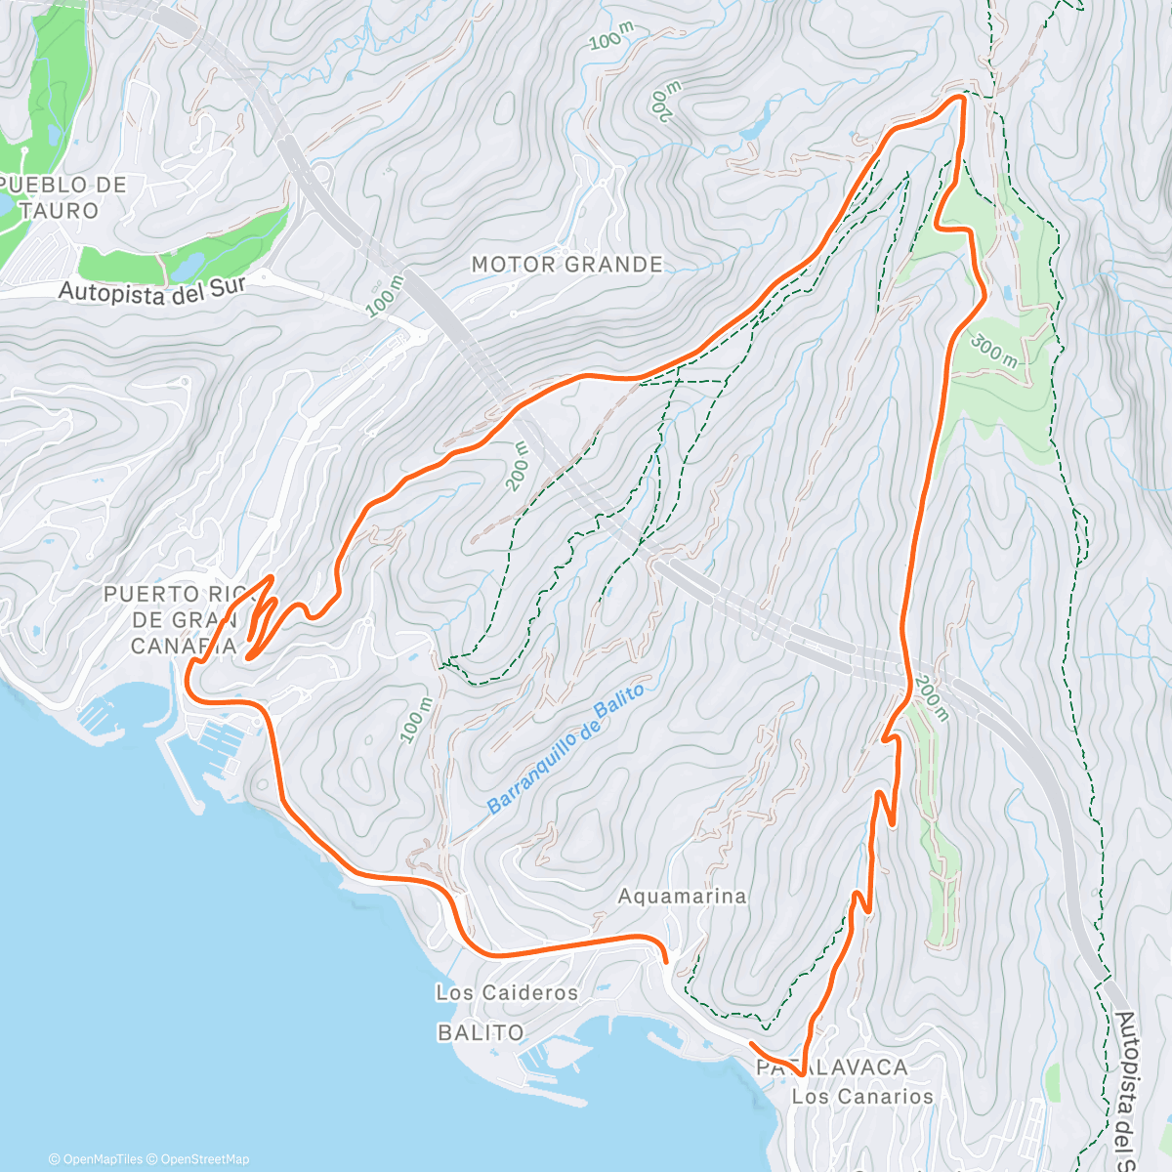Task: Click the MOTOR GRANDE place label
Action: tap(566, 265)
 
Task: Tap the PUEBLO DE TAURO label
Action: tap(64, 197)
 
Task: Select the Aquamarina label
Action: tap(682, 896)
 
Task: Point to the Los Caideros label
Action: tap(507, 992)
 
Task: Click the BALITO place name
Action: tap(481, 1032)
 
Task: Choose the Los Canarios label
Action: tap(862, 1096)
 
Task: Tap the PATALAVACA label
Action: tap(832, 1067)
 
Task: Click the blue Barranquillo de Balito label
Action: tap(566, 748)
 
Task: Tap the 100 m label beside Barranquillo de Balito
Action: tap(415, 720)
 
